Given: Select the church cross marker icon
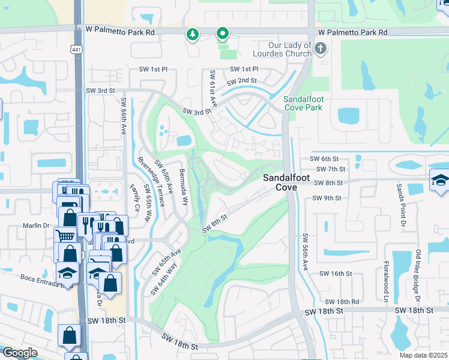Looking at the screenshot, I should coord(321,48).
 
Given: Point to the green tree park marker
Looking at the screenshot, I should coord(192,35).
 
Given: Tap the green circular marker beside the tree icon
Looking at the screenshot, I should coord(223,34).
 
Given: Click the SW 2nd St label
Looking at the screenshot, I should coord(241,81).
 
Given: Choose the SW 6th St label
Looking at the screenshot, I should coord(324,159).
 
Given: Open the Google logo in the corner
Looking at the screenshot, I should coord(20,353).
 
